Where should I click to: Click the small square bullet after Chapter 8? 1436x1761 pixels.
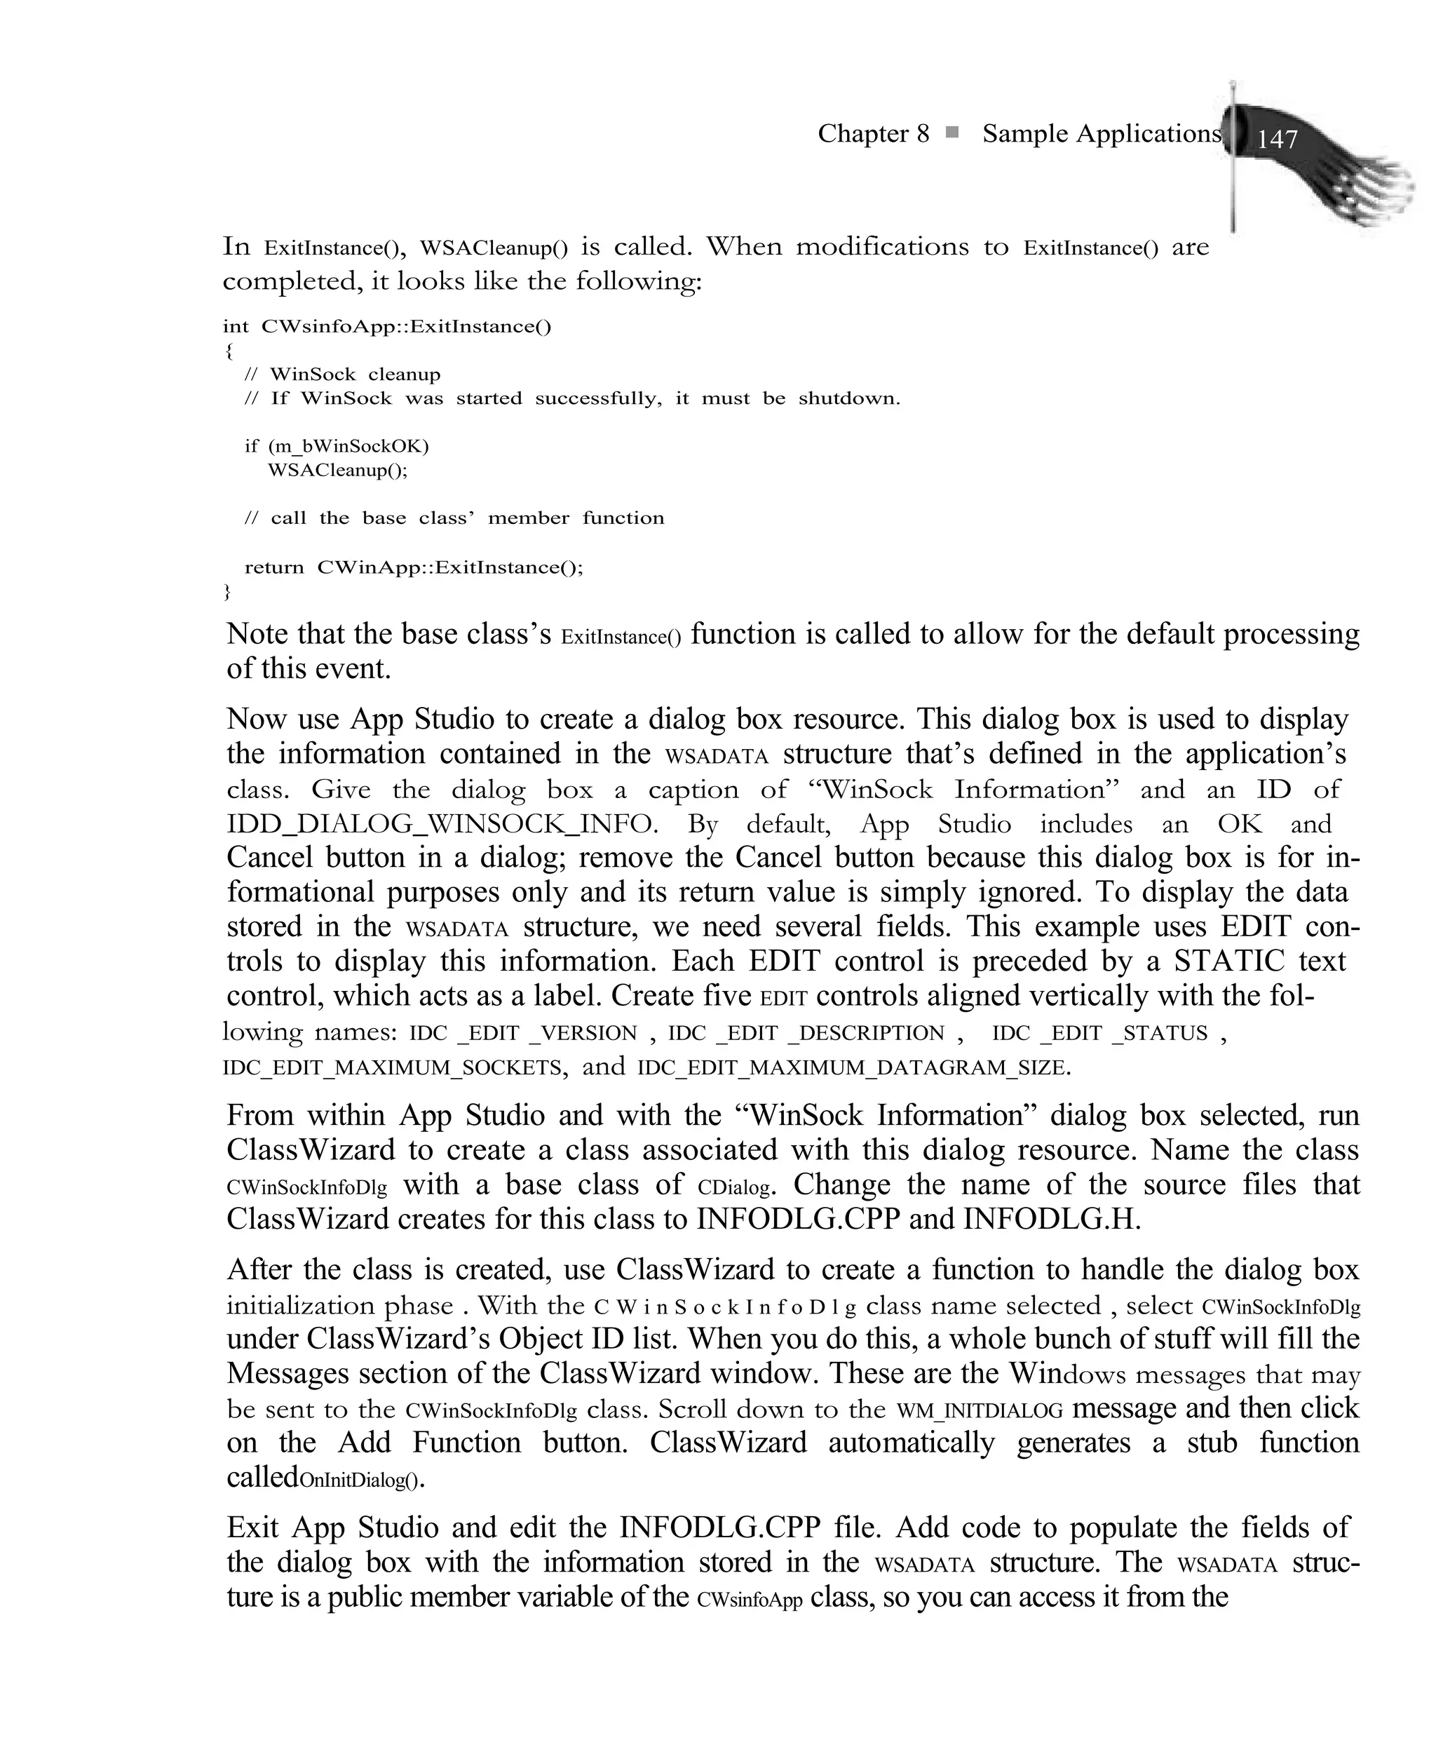tap(952, 133)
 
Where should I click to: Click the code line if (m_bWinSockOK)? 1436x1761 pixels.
tap(337, 447)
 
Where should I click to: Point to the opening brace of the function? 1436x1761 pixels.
tap(229, 350)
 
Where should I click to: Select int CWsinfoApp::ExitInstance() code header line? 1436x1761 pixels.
tap(386, 326)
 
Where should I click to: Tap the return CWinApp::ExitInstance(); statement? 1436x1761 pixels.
tap(414, 567)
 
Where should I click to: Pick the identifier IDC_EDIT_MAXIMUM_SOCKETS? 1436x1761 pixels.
tap(392, 1068)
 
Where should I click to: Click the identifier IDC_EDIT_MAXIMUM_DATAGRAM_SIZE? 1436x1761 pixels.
tap(853, 1068)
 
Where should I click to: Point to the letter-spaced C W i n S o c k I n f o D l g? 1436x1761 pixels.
tap(726, 1307)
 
